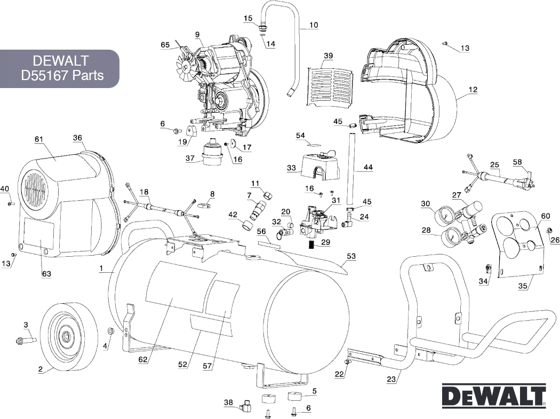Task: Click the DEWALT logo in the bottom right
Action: click(x=493, y=397)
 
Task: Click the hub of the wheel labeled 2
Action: click(x=66, y=337)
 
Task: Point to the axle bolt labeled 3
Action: click(x=25, y=339)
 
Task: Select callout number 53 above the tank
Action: click(x=350, y=257)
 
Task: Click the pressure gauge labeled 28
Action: click(x=453, y=235)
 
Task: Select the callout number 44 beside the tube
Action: click(x=368, y=168)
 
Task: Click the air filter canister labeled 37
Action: click(x=212, y=152)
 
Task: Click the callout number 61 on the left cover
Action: click(x=38, y=139)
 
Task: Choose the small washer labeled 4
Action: click(x=110, y=332)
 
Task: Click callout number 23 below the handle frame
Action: click(x=391, y=380)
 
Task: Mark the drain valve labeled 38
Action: click(x=247, y=405)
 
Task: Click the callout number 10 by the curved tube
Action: click(x=313, y=25)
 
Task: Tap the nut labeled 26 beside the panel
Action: click(x=549, y=230)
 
